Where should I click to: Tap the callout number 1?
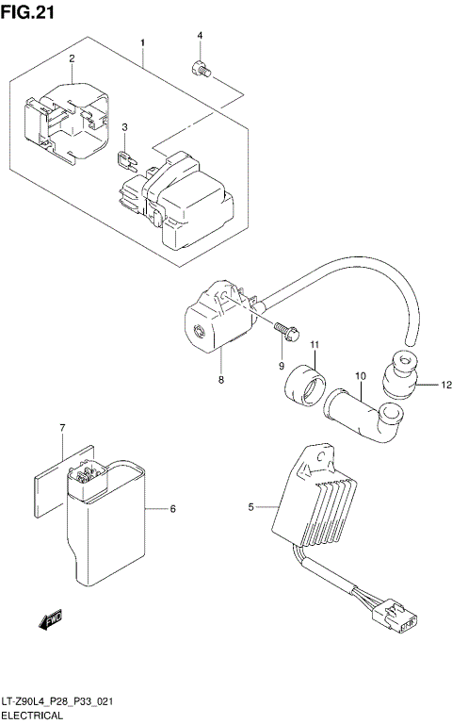[x=143, y=43]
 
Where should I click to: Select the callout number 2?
[x=72, y=59]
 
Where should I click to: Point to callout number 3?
[x=123, y=127]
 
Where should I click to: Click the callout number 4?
[x=200, y=36]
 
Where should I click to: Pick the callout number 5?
[x=251, y=508]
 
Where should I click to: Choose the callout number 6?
[x=172, y=509]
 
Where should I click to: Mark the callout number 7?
[x=62, y=429]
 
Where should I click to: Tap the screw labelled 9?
[x=285, y=331]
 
